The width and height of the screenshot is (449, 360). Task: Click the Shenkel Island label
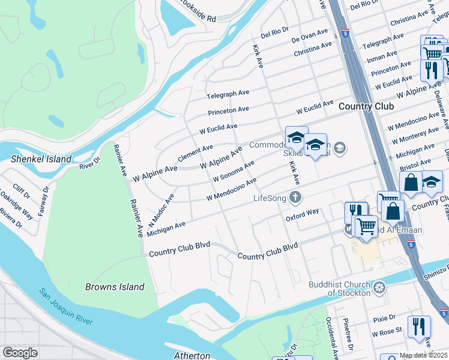[41, 160]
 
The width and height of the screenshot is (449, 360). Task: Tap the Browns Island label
[115, 287]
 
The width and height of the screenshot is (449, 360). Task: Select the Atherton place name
[191, 355]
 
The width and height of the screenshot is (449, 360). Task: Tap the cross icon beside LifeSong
[295, 197]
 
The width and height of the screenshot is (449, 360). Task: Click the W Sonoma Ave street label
[234, 171]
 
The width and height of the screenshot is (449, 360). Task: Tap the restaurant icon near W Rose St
[418, 327]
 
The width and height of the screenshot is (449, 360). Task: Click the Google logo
[20, 353]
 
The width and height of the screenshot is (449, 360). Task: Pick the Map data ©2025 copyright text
[423, 355]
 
